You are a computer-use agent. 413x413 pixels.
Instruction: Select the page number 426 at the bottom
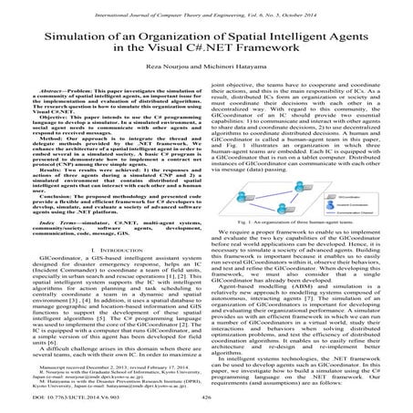click(205, 398)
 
